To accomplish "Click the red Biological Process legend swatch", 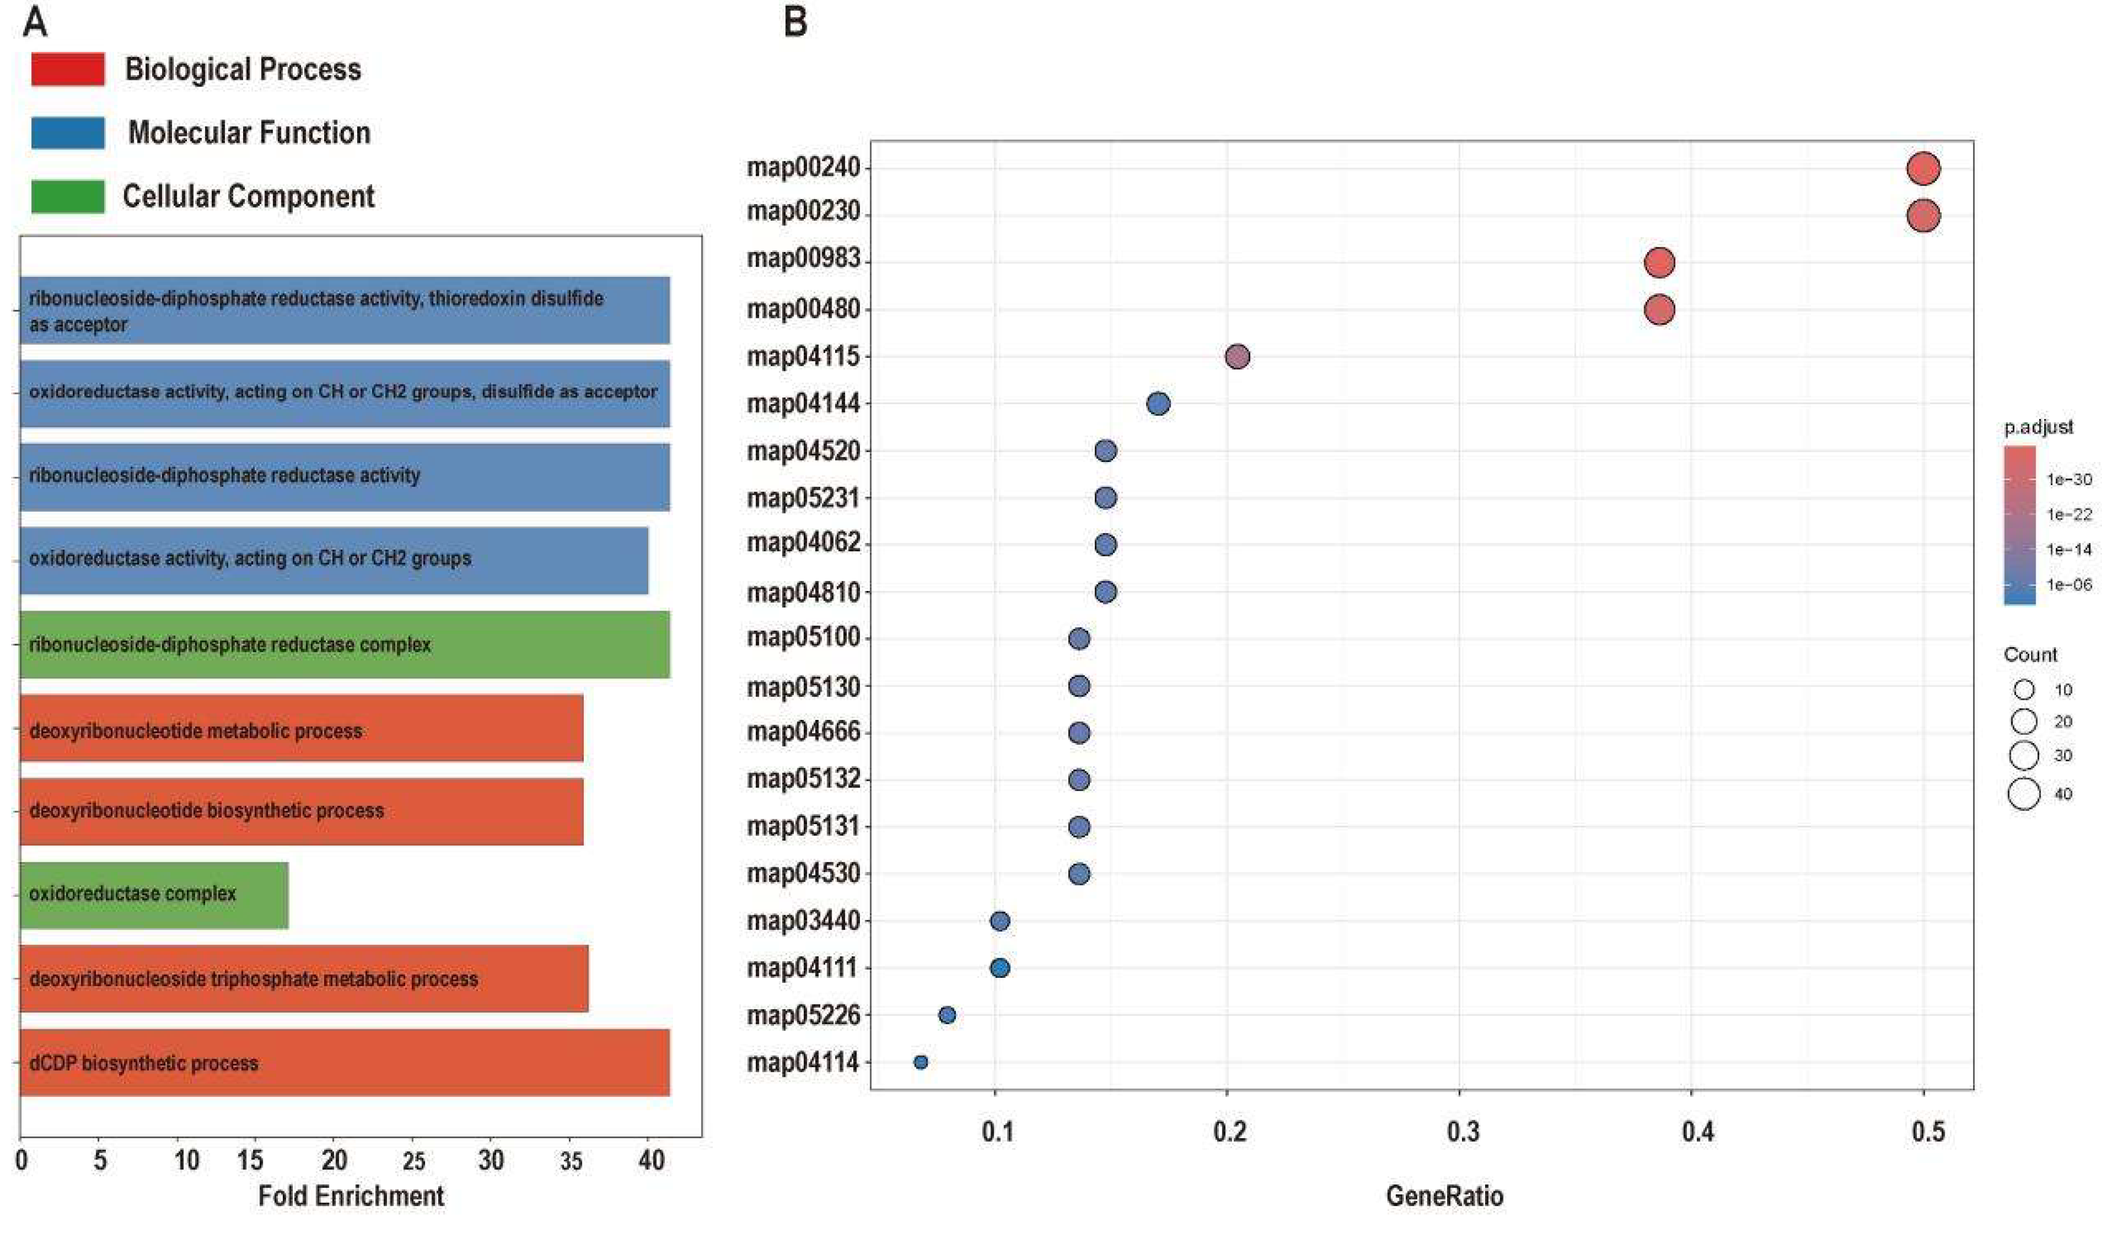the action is [68, 69].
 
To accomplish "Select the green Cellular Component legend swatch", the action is [68, 196].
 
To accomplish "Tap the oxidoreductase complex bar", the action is [154, 894].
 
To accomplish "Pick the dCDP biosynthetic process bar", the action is [344, 1062].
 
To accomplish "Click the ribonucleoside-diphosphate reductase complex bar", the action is [344, 644].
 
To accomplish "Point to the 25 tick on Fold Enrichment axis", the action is [413, 1161].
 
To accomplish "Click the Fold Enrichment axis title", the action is [351, 1196].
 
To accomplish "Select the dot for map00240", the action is [1923, 169].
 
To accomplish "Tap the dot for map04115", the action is [1238, 357].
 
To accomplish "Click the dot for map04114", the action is [921, 1062].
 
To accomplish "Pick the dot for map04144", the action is [1158, 404].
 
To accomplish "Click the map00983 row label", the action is [804, 259].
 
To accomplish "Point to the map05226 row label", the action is [804, 1015].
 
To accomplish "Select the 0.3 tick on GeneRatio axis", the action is [1463, 1132].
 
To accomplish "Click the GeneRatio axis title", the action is [1445, 1196].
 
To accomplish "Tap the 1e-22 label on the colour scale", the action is [2069, 515].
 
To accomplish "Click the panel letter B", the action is [795, 22].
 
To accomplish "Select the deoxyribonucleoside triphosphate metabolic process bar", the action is [304, 979].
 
